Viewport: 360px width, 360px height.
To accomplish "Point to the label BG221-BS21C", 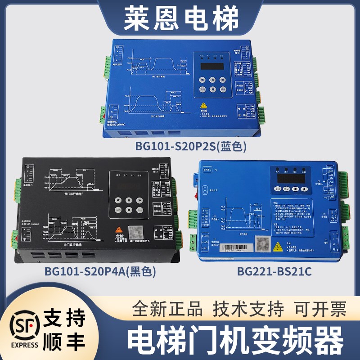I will [274, 271].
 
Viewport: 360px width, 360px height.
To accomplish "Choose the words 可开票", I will [320, 309].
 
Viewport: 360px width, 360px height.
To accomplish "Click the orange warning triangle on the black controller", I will [119, 229].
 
